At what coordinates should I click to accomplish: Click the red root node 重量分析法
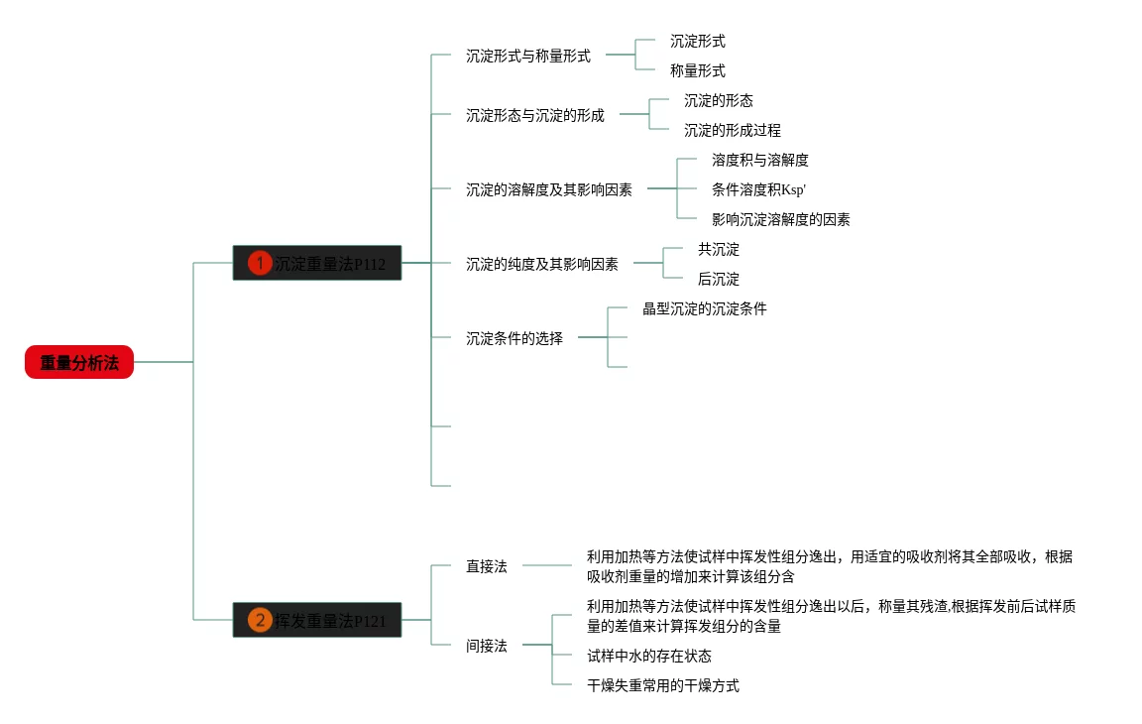pyautogui.click(x=79, y=363)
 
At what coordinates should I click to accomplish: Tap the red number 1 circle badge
pyautogui.click(x=260, y=263)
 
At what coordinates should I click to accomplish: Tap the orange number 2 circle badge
pyautogui.click(x=260, y=620)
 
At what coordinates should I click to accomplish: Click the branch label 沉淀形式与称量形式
pyautogui.click(x=528, y=57)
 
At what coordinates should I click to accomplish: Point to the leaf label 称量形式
pyautogui.click(x=697, y=71)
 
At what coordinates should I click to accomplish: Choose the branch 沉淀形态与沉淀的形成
pyautogui.click(x=535, y=116)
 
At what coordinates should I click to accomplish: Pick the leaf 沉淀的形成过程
pyautogui.click(x=732, y=131)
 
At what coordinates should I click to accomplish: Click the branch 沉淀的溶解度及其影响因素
pyautogui.click(x=549, y=190)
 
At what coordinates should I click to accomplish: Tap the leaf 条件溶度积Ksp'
pyautogui.click(x=758, y=190)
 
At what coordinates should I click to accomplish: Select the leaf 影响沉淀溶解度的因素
pyautogui.click(x=780, y=220)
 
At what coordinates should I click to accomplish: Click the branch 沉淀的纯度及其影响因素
pyautogui.click(x=542, y=265)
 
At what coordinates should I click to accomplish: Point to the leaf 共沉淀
pyautogui.click(x=718, y=250)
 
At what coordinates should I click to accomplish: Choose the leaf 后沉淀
pyautogui.click(x=718, y=280)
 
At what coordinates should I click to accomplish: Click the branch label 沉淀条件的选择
pyautogui.click(x=514, y=339)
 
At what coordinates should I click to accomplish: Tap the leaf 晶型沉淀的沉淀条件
pyautogui.click(x=704, y=309)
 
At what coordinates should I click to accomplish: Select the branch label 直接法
pyautogui.click(x=487, y=567)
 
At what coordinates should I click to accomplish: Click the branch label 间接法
pyautogui.click(x=487, y=647)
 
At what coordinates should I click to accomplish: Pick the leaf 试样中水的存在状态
pyautogui.click(x=648, y=657)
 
